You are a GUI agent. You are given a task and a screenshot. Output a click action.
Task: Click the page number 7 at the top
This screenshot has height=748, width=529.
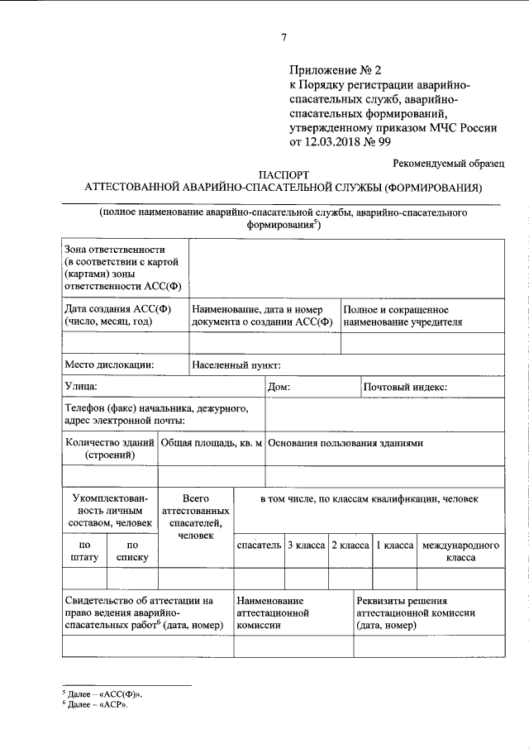[x=284, y=36]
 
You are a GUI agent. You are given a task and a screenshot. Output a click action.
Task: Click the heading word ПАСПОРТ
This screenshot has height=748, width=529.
[x=283, y=176]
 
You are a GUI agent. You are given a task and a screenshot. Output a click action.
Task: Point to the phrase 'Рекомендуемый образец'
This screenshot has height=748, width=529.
[x=446, y=164]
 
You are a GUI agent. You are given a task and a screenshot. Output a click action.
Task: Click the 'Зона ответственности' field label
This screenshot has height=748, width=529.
[x=115, y=250]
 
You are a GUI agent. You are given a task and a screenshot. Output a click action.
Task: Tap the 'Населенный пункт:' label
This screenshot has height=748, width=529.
[x=237, y=364]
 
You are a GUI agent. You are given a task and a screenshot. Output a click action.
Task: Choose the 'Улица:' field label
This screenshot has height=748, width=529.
[x=80, y=386]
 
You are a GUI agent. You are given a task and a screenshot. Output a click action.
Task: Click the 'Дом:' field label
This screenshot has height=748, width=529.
[x=279, y=386]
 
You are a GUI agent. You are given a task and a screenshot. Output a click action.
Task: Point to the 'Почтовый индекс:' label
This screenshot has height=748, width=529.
[x=405, y=386]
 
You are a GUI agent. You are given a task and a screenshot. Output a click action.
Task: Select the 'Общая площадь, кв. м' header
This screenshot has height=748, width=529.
[x=212, y=443]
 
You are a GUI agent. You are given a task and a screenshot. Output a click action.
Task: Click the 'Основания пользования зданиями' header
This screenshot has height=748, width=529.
[x=346, y=443]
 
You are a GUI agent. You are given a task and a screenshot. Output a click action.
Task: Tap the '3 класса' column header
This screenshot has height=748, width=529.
[x=306, y=546]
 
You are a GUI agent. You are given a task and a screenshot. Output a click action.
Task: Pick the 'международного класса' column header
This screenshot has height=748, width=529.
[x=460, y=551]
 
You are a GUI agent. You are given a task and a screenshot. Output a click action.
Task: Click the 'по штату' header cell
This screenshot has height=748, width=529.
[x=84, y=551]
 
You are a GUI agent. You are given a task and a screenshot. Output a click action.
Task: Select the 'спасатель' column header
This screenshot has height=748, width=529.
[x=259, y=546]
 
